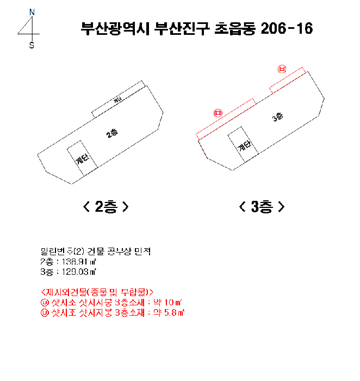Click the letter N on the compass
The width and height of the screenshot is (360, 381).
tap(32, 11)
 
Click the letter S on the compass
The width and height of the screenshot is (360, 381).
tap(32, 46)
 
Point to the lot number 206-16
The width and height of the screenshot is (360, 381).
tap(287, 29)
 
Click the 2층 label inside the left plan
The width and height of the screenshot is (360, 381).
tap(113, 133)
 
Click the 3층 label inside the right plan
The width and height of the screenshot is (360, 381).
tap(277, 116)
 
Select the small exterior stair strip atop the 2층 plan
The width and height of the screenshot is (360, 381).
tap(119, 100)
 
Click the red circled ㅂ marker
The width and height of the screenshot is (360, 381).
tap(282, 69)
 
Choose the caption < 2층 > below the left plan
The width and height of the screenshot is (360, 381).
tap(106, 207)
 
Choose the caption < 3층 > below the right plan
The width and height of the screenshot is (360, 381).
tap(262, 207)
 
